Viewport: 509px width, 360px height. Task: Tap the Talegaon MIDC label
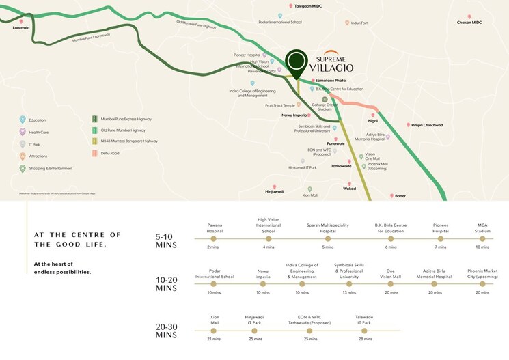307,6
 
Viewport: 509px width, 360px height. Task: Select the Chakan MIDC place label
469,23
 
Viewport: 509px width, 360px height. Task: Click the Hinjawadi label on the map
275,191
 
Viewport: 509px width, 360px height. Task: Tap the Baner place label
400,196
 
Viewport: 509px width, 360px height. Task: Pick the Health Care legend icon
23,132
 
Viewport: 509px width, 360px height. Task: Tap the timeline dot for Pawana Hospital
212,239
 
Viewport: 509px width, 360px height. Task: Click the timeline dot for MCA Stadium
483,239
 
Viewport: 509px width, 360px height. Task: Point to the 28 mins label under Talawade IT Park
364,339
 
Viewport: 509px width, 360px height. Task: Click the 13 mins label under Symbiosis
349,292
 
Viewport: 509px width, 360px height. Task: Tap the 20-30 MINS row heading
167,331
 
